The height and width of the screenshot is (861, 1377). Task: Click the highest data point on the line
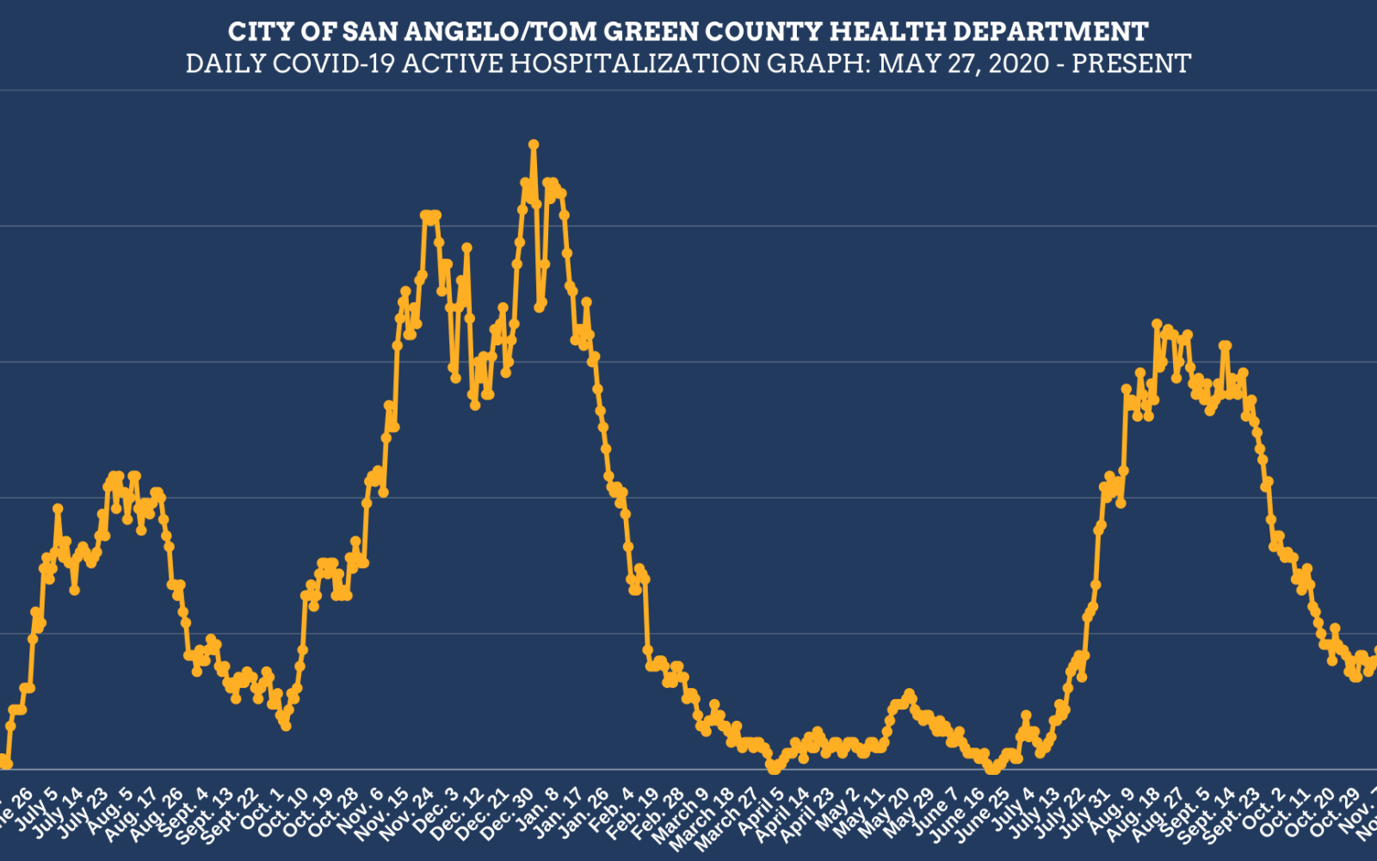pyautogui.click(x=534, y=145)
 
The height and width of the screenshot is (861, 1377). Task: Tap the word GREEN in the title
pyautogui.click(x=651, y=33)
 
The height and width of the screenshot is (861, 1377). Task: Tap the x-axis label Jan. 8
pyautogui.click(x=539, y=809)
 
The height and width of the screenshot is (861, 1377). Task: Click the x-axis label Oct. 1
pyautogui.click(x=262, y=809)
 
